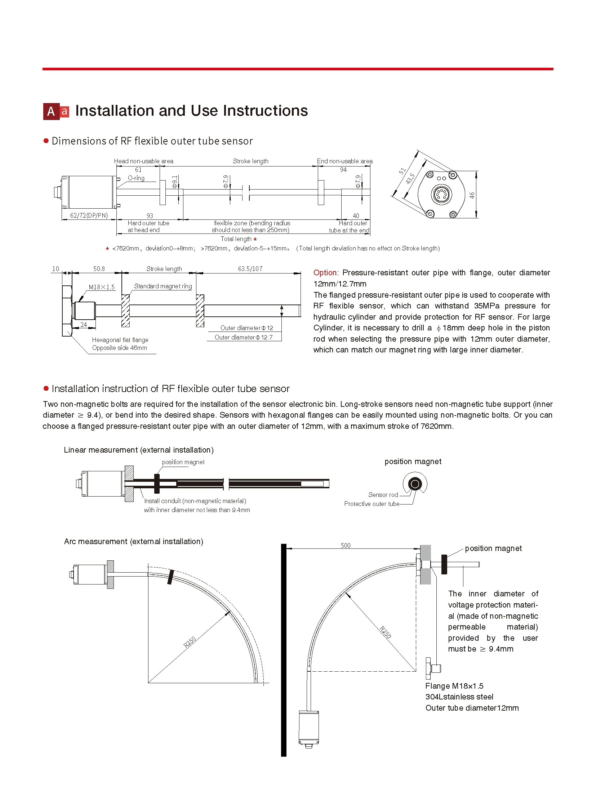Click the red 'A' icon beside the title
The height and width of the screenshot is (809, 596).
51,111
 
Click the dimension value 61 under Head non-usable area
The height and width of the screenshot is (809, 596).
138,170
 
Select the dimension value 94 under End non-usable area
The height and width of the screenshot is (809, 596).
343,170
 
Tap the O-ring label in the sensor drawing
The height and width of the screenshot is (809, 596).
136,178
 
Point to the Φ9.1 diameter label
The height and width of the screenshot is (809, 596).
175,182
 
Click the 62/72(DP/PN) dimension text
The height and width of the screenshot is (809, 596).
89,215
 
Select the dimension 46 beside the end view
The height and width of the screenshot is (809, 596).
472,195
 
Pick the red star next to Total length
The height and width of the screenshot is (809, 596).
255,239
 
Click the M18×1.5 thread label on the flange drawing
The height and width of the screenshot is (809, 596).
102,287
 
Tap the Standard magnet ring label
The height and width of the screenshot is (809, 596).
163,286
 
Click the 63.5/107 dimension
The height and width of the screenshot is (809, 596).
250,269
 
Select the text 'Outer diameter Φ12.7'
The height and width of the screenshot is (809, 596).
244,337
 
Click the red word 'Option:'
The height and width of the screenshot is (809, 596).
325,273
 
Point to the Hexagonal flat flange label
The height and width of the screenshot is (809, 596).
120,340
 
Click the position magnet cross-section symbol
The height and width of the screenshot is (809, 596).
415,484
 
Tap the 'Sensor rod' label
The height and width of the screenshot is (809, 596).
383,495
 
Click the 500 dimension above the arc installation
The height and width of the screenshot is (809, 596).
346,545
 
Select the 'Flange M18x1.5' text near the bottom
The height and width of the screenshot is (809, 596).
454,686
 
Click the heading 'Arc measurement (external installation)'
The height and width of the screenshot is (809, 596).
133,542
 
